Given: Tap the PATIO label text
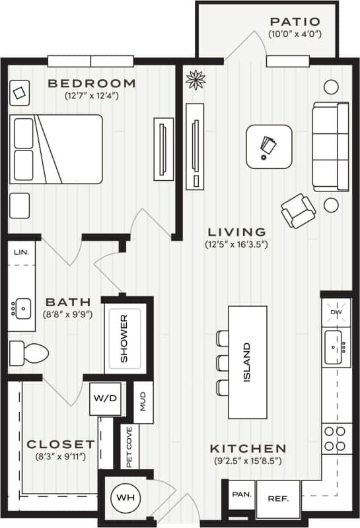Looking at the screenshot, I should (x=295, y=22).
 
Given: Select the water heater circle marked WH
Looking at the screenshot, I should (x=122, y=495).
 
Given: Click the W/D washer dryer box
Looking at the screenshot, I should (x=105, y=399).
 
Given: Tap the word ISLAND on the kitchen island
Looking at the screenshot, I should (x=247, y=362).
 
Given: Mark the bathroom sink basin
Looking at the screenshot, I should (x=22, y=308).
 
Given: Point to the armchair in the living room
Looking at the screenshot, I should (x=298, y=210).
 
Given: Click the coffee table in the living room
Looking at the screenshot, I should (x=269, y=147).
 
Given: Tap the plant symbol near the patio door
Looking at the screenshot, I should (x=195, y=80).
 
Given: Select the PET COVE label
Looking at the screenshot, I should (x=129, y=446).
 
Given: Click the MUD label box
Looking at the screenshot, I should (x=143, y=401).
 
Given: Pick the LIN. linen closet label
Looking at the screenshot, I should (x=22, y=252).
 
